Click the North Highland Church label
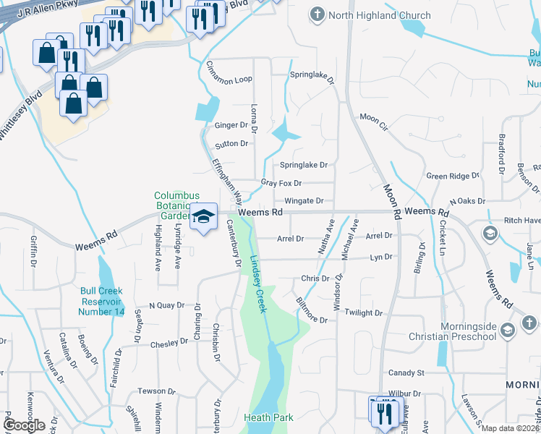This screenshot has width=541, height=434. click(379, 15)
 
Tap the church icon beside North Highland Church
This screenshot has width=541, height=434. click(317, 14)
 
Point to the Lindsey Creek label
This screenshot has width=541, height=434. click(257, 283)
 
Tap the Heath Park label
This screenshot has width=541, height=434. click(268, 417)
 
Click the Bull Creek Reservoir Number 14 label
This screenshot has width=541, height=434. click(102, 302)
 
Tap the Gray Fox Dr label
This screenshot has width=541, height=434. click(281, 183)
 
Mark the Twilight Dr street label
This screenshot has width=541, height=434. click(363, 312)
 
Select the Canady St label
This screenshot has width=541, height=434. click(406, 373)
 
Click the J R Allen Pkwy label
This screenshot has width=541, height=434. click(44, 9)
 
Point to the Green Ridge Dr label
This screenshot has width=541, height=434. click(453, 176)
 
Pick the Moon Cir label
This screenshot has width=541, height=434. click(374, 117)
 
